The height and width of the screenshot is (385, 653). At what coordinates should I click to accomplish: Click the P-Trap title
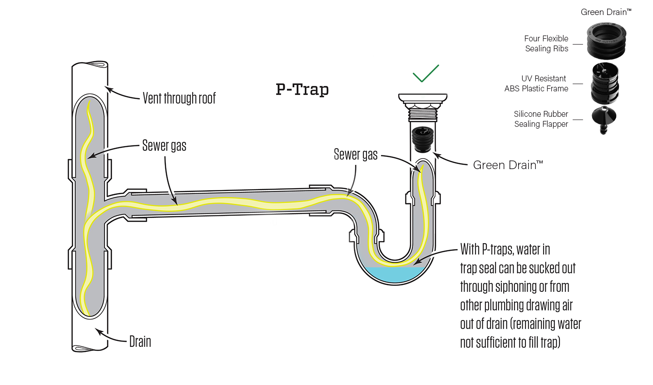click(302, 89)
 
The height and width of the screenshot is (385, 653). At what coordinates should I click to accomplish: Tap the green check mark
click(425, 74)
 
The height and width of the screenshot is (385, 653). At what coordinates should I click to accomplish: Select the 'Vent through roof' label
click(179, 98)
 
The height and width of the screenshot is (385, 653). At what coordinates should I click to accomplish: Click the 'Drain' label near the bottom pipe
click(140, 342)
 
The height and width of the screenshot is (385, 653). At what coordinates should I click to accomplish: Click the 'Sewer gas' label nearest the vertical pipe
click(164, 145)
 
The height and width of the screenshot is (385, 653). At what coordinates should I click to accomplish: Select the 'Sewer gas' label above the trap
click(355, 155)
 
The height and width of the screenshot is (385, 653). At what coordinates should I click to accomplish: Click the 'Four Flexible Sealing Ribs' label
click(546, 44)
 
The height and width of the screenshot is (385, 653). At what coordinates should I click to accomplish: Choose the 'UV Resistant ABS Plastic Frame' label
click(537, 84)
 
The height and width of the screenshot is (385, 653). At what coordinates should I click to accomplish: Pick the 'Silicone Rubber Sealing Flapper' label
click(541, 119)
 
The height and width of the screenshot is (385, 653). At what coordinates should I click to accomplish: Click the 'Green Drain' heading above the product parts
click(606, 12)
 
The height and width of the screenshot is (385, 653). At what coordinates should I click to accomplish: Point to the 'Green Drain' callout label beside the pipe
click(507, 165)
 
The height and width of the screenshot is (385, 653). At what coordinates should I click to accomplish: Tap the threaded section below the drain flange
click(423, 111)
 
